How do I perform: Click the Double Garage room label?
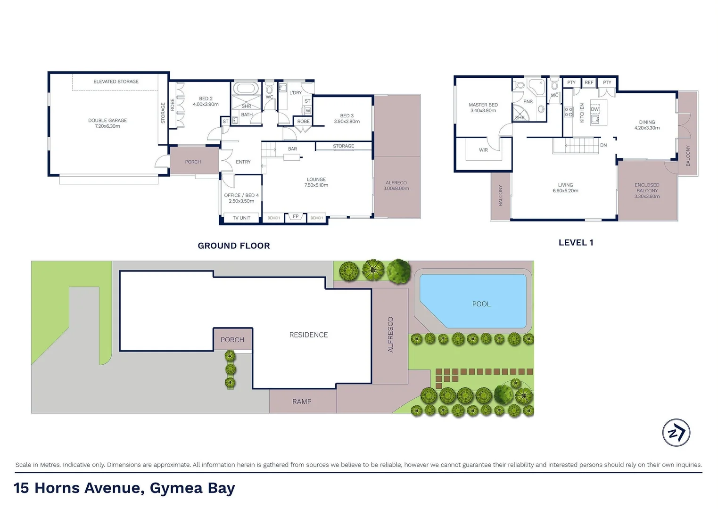[x=107, y=121]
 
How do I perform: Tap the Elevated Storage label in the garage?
[x=116, y=82]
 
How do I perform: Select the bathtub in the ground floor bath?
[x=246, y=89]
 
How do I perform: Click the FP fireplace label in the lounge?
[x=296, y=217]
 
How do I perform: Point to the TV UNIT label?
[x=241, y=218]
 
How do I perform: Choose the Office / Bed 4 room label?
[x=241, y=195]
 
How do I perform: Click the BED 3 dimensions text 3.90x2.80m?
[x=347, y=122]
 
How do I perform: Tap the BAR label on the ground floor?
[x=292, y=149]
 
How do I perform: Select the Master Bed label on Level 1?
[x=483, y=105]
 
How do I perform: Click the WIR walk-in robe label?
[x=483, y=150]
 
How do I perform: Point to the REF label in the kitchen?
[x=589, y=82]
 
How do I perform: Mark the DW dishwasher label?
[x=594, y=109]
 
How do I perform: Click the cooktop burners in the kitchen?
[x=569, y=112]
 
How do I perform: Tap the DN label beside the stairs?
[x=603, y=145]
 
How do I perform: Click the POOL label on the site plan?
[x=481, y=304]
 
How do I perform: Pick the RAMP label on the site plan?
[x=302, y=402]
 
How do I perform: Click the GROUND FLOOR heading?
[x=234, y=246]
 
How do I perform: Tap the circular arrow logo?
[x=676, y=433]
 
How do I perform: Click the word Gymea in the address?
[x=176, y=488]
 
